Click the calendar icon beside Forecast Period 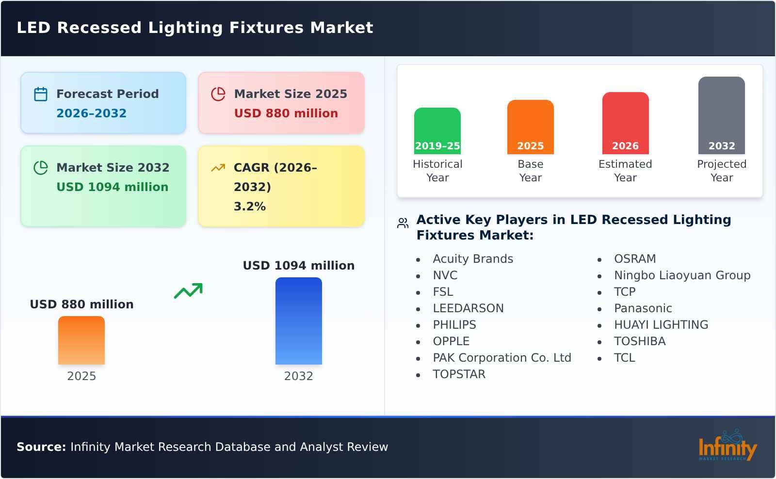[41, 94]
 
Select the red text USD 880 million [286, 113]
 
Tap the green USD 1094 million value [112, 187]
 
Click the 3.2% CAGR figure [249, 207]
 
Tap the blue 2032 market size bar [298, 321]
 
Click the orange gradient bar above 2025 [81, 340]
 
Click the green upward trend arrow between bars [188, 291]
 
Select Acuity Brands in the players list [472, 259]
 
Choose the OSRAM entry [634, 259]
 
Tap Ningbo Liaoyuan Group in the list [682, 275]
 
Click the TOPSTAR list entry [459, 374]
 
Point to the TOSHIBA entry [639, 341]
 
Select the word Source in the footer [41, 447]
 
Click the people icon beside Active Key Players [403, 223]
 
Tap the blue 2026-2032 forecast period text [91, 113]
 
